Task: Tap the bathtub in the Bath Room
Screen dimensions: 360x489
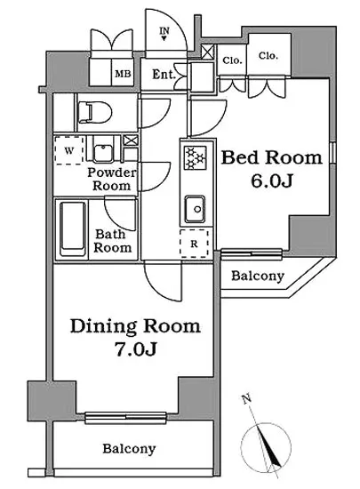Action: point(73,228)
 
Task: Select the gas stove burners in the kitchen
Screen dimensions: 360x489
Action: point(196,157)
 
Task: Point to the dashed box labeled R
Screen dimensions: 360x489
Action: point(194,244)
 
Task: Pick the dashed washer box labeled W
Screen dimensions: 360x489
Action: point(69,150)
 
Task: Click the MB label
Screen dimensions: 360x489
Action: point(124,74)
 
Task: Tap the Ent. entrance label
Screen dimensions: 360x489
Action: point(164,75)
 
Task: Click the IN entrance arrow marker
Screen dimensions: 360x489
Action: point(164,34)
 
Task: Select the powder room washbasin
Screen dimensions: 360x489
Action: point(104,153)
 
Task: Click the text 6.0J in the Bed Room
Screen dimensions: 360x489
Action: point(271,180)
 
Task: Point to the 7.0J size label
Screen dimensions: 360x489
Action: point(135,349)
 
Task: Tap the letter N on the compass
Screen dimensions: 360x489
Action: point(247,399)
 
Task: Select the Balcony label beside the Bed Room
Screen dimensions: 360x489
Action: point(258,276)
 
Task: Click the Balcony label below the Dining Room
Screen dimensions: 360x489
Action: point(129,448)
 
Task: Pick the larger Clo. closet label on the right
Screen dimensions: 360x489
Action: point(268,56)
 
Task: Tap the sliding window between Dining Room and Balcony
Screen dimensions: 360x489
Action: point(126,417)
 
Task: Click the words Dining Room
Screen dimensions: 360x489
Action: point(135,326)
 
